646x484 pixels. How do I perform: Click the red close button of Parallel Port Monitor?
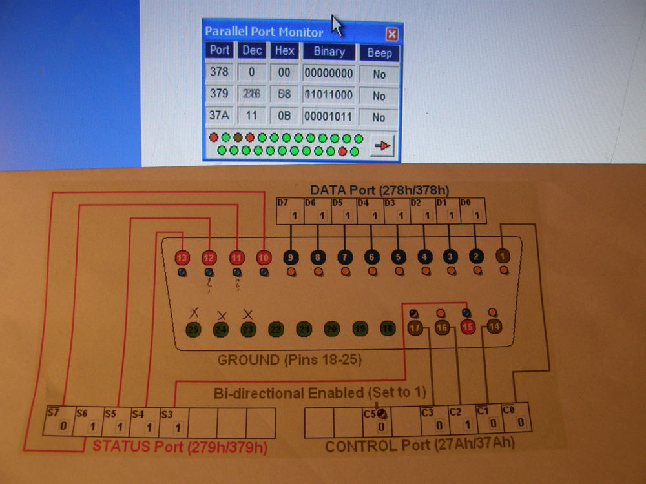(x=391, y=34)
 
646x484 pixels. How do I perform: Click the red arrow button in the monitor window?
(x=382, y=146)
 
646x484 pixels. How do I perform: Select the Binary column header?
(x=329, y=52)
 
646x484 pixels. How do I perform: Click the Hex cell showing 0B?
(x=284, y=117)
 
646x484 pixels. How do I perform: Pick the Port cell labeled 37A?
(x=220, y=117)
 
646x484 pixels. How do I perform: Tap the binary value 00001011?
(x=329, y=117)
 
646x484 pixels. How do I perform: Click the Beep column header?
(x=379, y=52)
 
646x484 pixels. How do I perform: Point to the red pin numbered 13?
(x=183, y=258)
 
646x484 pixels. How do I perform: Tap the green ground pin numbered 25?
(x=193, y=330)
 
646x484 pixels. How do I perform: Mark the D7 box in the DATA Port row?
(x=289, y=211)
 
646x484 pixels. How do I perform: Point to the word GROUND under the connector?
(x=247, y=359)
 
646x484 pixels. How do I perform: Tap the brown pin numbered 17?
(x=415, y=328)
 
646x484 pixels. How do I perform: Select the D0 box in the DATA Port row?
(x=472, y=211)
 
